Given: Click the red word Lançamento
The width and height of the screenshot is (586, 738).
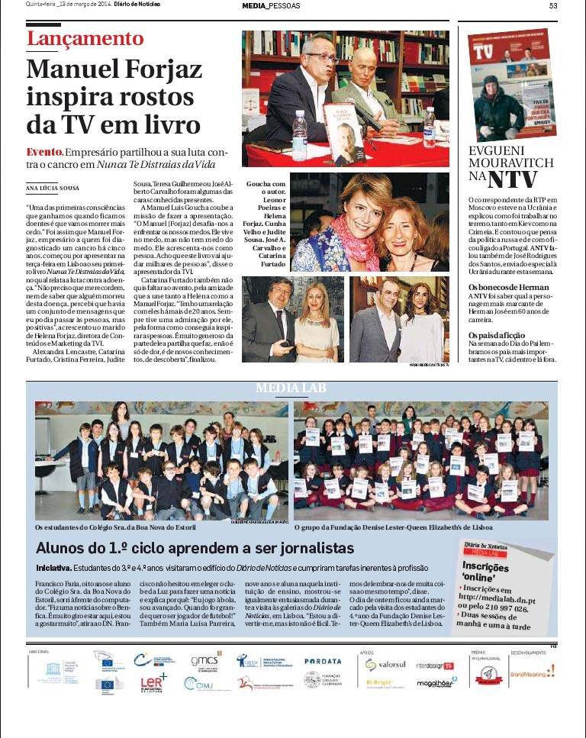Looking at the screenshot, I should [85, 40].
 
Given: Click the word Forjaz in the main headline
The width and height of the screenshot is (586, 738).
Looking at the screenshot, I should [158, 70].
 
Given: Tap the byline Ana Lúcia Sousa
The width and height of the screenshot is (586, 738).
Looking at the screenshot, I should [53, 188].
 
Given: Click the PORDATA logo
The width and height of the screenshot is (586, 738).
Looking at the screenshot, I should [322, 662].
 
